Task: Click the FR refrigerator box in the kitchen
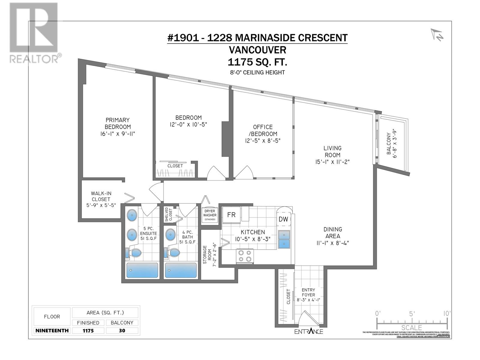click(231, 215)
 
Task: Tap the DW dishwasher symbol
click(283, 219)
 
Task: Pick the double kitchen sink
click(284, 239)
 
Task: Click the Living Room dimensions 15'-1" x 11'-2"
click(332, 162)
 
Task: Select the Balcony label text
click(389, 144)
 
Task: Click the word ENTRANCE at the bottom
click(309, 331)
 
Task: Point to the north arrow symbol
click(437, 35)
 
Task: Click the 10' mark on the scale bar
click(447, 314)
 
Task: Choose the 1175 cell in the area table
click(88, 331)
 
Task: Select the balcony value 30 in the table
click(122, 331)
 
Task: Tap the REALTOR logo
click(34, 33)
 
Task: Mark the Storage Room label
click(205, 254)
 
